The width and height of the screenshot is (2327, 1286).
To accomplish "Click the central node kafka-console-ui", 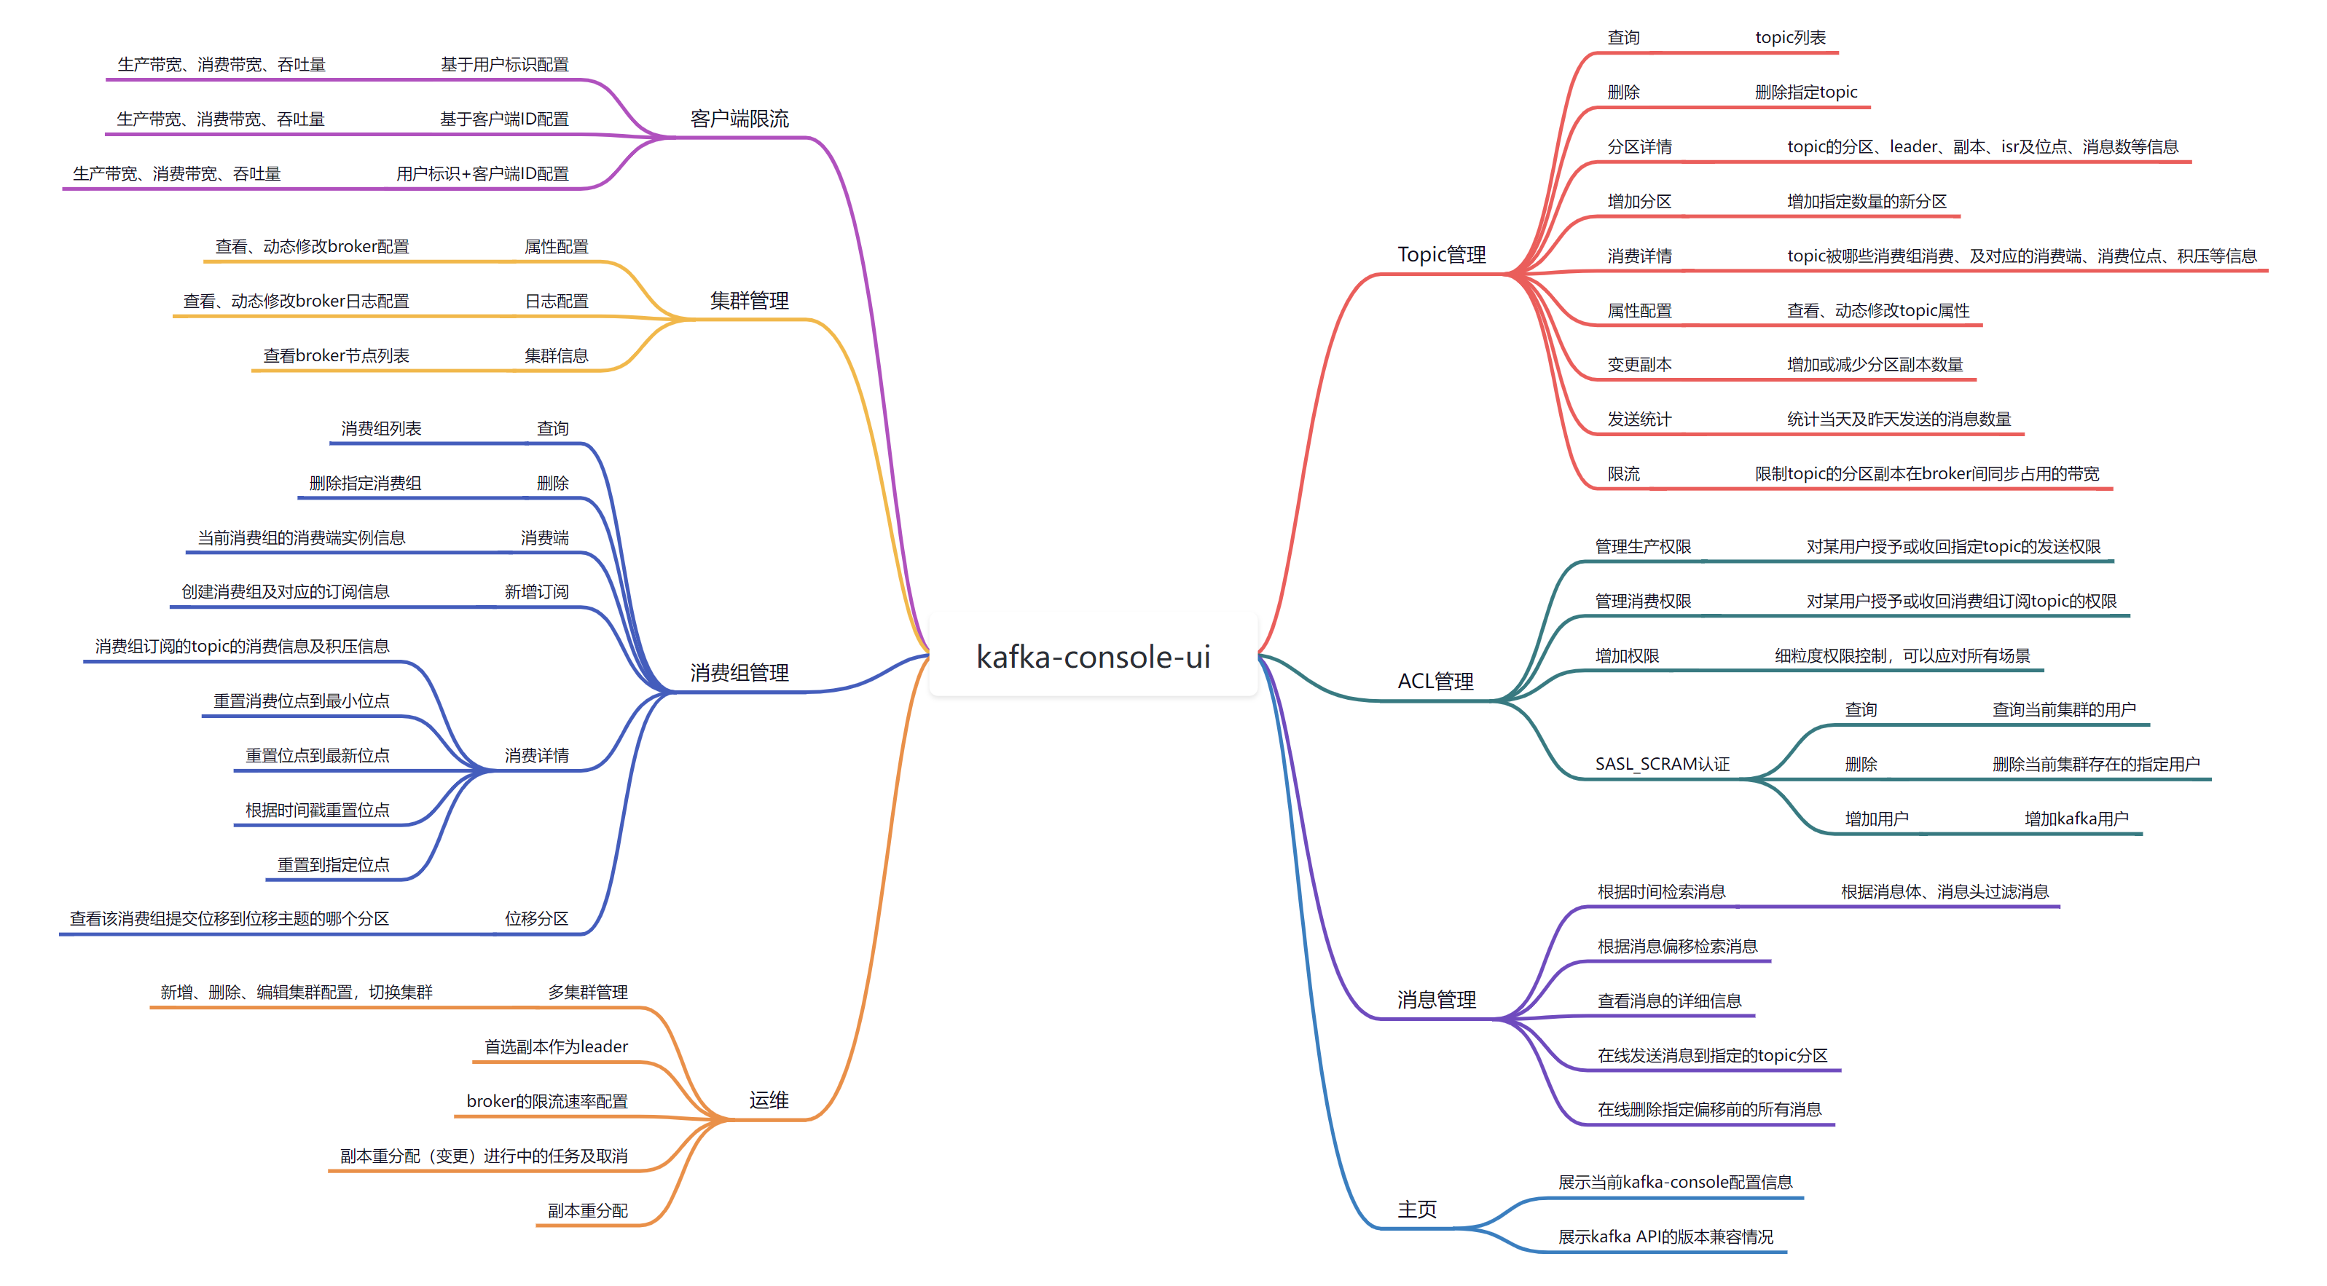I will pyautogui.click(x=1093, y=657).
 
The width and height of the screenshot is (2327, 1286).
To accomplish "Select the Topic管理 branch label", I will pyautogui.click(x=1441, y=255).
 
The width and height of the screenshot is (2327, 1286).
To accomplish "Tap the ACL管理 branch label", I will pyautogui.click(x=1435, y=681).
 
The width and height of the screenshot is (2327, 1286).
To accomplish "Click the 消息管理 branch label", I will pyautogui.click(x=1436, y=1000).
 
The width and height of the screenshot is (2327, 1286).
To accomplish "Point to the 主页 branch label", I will pyautogui.click(x=1416, y=1210).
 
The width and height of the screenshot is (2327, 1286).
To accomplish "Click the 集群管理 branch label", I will pyautogui.click(x=749, y=301).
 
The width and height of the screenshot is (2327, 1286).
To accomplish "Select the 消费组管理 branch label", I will pyautogui.click(x=739, y=673).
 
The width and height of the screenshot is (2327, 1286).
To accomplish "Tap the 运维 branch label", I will pyautogui.click(x=769, y=1100).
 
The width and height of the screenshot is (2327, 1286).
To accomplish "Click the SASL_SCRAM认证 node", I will pyautogui.click(x=1662, y=764).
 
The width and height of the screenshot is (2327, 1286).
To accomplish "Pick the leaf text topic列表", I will pyautogui.click(x=1789, y=38).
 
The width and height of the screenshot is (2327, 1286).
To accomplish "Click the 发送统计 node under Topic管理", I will pyautogui.click(x=1639, y=419).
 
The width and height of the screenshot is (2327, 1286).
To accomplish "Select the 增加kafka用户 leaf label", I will pyautogui.click(x=2076, y=819).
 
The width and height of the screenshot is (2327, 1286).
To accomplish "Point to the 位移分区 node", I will pyautogui.click(x=537, y=918).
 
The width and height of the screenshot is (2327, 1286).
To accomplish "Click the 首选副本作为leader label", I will pyautogui.click(x=556, y=1046).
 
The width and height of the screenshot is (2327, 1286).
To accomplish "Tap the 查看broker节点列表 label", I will pyautogui.click(x=336, y=356).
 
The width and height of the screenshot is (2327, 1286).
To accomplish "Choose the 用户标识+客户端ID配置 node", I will pyautogui.click(x=482, y=173).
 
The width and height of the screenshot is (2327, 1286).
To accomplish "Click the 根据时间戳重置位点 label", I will pyautogui.click(x=317, y=810).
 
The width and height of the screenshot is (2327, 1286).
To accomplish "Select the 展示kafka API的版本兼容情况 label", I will pyautogui.click(x=1665, y=1236).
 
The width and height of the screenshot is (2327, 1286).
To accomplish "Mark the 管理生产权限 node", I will pyautogui.click(x=1642, y=546).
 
